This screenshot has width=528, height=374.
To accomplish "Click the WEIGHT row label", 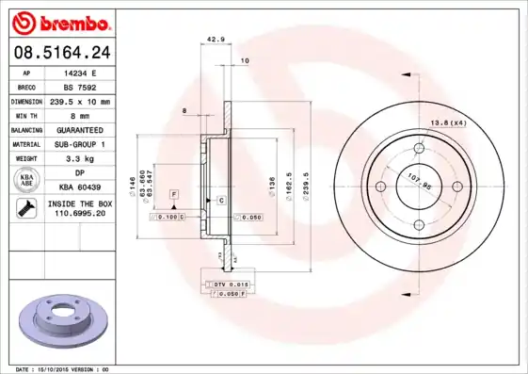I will point(25,159).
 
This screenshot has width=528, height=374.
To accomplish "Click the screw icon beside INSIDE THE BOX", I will point(25,209).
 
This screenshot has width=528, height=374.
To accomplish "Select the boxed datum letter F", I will point(173,193).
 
